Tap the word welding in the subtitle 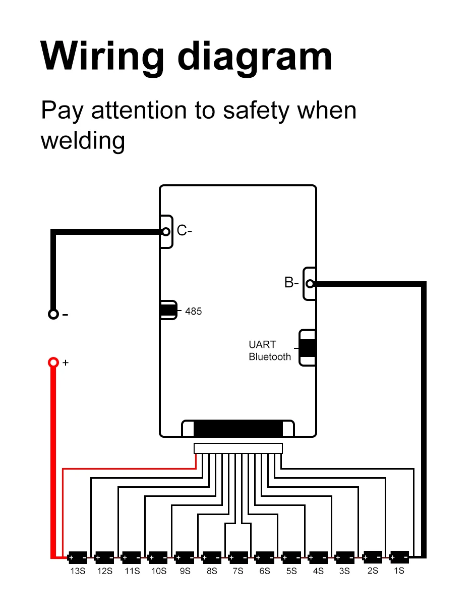82,140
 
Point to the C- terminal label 184,231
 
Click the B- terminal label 291,283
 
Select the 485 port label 193,312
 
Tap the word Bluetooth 270,357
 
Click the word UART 262,345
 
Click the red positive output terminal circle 53,362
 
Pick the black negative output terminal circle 53,314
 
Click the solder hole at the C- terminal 165,232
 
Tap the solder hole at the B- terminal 310,284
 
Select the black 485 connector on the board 168,310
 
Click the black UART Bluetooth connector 307,348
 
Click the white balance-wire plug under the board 238,448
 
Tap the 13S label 78,571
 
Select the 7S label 237,571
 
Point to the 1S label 398,571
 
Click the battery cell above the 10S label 158,558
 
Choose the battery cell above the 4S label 318,558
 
